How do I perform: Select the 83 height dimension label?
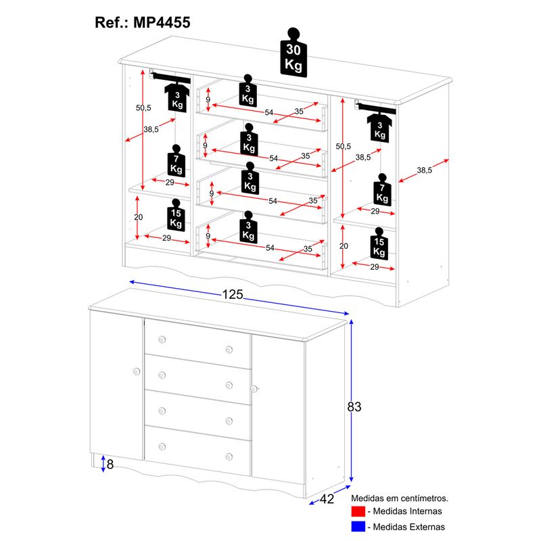(354, 406)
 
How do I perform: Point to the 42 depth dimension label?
(328, 499)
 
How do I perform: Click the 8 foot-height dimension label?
(111, 465)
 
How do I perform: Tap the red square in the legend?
(358, 511)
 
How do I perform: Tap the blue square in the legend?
(358, 526)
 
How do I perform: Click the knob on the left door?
(137, 371)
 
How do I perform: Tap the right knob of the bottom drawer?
(229, 456)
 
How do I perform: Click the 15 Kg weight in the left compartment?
(176, 216)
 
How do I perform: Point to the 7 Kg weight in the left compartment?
(177, 163)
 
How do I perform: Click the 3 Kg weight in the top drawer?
(249, 92)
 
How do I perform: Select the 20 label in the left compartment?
(139, 217)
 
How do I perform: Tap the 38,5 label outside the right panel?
(425, 171)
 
